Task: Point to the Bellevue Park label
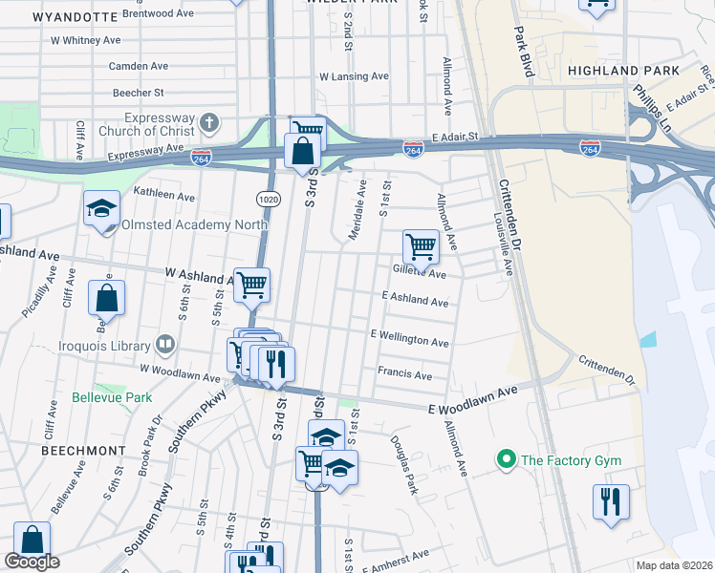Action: pyautogui.click(x=112, y=396)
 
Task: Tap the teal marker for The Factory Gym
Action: pyautogui.click(x=506, y=460)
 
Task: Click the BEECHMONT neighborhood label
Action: pyautogui.click(x=84, y=450)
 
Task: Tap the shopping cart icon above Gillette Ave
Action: pyautogui.click(x=421, y=246)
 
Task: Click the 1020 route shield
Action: pyautogui.click(x=267, y=197)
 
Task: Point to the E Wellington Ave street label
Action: pyautogui.click(x=409, y=341)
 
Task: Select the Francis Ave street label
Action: pyautogui.click(x=404, y=373)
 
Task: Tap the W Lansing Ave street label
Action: pyautogui.click(x=354, y=76)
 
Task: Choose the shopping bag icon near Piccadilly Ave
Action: pyautogui.click(x=106, y=297)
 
